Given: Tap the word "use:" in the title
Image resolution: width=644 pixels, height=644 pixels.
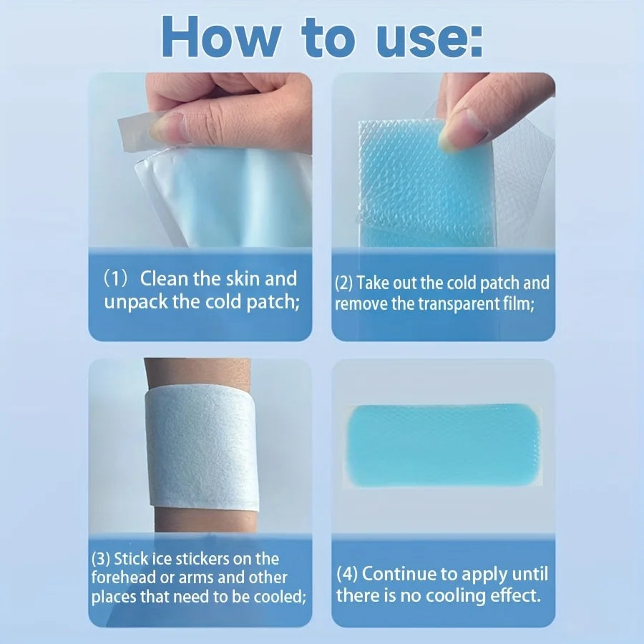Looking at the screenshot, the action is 429,41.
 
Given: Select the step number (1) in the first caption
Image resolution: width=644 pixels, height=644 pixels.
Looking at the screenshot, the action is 117,279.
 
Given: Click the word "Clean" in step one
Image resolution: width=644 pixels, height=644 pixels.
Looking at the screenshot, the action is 164,278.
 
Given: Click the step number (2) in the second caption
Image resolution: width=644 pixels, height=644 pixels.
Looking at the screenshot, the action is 343,283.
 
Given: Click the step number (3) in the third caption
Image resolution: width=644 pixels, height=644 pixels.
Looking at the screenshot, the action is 101,559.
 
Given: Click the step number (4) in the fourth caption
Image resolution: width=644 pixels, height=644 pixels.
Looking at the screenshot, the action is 346,574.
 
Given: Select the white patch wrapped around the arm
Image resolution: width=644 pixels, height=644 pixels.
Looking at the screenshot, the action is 202,448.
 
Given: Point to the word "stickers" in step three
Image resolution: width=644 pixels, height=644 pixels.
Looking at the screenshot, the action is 198,559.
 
